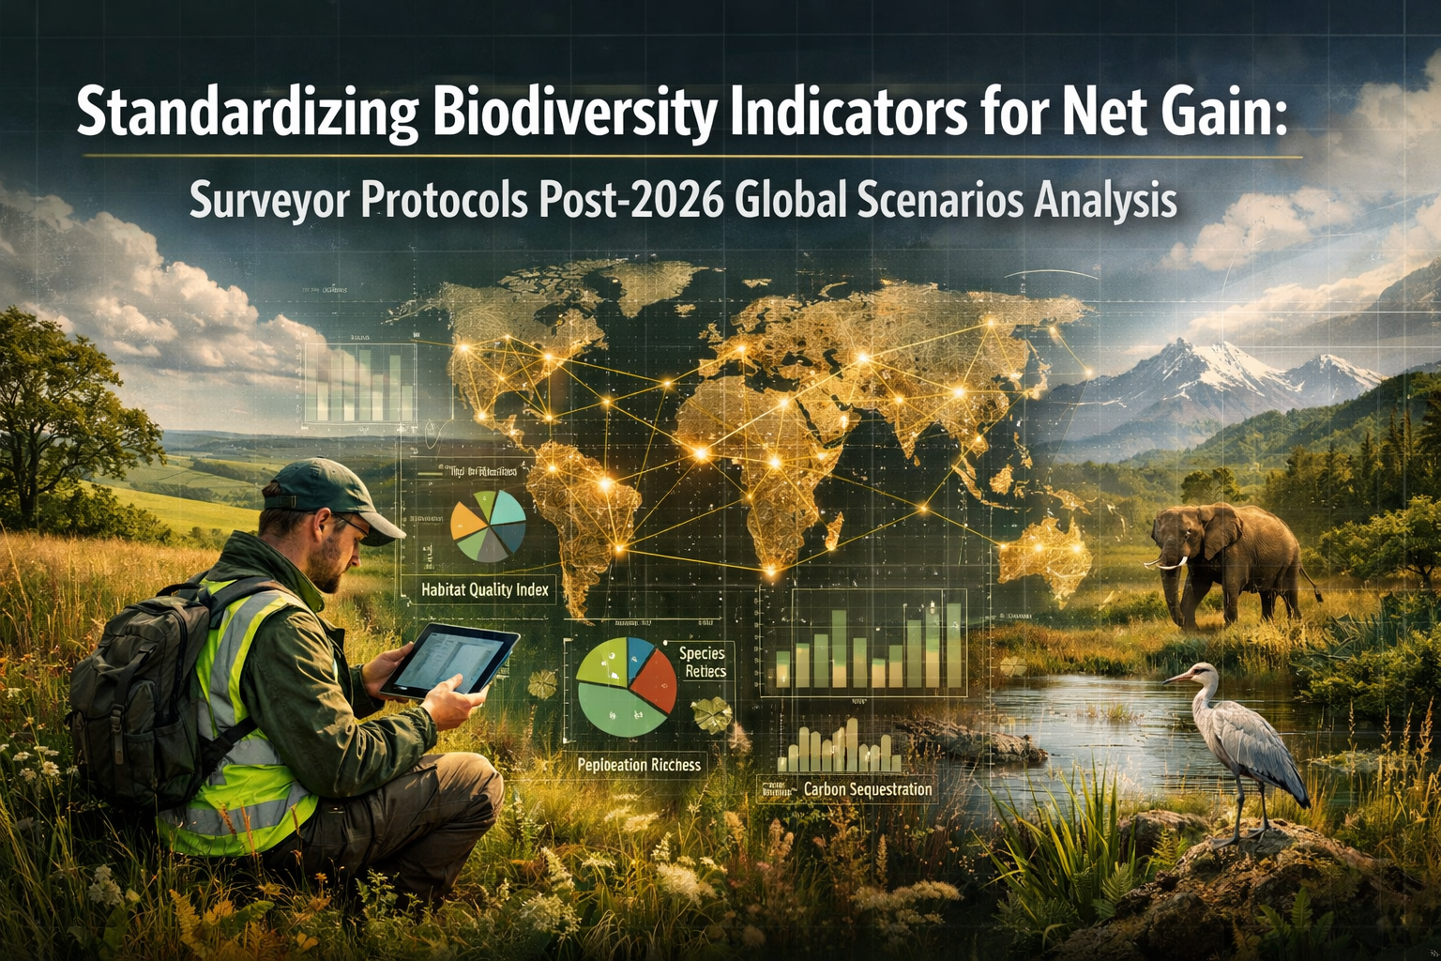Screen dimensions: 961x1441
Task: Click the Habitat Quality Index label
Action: pyautogui.click(x=484, y=590)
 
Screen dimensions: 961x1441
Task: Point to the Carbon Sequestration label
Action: pyautogui.click(x=867, y=789)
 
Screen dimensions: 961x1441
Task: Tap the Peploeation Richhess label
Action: pyautogui.click(x=639, y=765)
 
